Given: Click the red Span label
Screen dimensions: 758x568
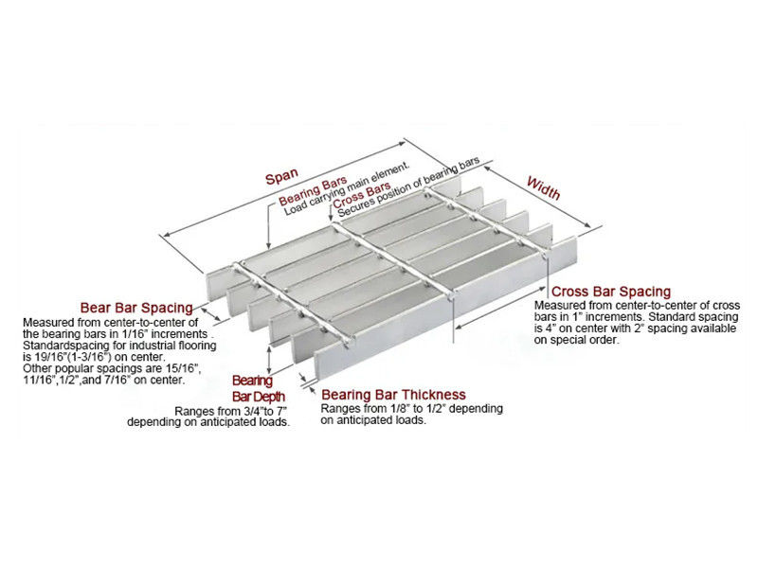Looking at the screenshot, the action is pyautogui.click(x=281, y=176).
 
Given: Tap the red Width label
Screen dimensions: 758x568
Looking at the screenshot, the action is pyautogui.click(x=543, y=187).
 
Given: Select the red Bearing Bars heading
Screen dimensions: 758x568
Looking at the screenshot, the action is pyautogui.click(x=313, y=190).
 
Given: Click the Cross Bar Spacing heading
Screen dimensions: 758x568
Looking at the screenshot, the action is pyautogui.click(x=611, y=292).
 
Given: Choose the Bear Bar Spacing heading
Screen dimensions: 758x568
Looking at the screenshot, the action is pyautogui.click(x=136, y=308).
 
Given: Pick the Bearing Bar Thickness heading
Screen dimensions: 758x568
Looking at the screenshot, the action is pyautogui.click(x=393, y=395).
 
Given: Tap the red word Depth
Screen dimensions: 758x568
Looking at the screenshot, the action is pyautogui.click(x=269, y=397).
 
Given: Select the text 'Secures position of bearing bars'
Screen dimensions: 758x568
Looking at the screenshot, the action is pyautogui.click(x=408, y=186).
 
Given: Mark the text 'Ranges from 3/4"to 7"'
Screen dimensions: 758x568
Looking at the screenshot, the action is pyautogui.click(x=231, y=412).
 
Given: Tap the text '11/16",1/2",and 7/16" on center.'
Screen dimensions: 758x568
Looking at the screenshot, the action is pyautogui.click(x=104, y=380).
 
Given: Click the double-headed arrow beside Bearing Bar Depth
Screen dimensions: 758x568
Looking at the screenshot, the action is pyautogui.click(x=269, y=359).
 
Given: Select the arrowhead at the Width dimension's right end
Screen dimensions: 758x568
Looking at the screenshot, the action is pyautogui.click(x=587, y=224).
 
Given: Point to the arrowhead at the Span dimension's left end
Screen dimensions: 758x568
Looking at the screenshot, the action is pyautogui.click(x=168, y=235).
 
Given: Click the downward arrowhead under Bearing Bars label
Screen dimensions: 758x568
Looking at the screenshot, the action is pyautogui.click(x=269, y=245).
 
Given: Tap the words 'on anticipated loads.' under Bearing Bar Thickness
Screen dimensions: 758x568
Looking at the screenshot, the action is pyautogui.click(x=372, y=420).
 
